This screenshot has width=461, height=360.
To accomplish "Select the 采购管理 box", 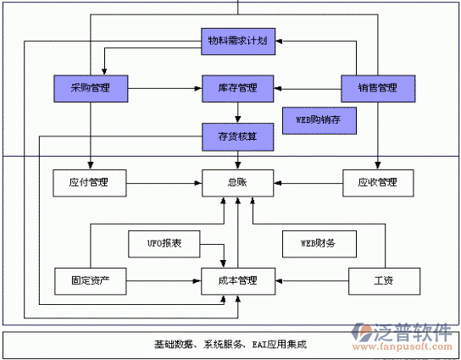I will click(90, 87).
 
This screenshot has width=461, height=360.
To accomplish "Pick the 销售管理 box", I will click(377, 87).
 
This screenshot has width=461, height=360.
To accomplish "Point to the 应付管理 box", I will click(90, 182).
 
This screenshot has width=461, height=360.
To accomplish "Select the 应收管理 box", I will click(377, 182).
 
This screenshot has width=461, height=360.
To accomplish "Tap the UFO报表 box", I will click(163, 244).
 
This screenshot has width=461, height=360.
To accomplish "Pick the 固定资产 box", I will click(90, 280).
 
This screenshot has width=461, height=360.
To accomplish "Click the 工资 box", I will click(383, 280).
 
